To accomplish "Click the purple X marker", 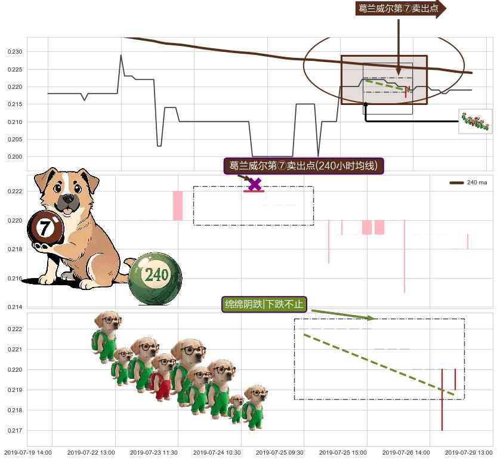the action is (x=255, y=184).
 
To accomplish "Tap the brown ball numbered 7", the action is (x=45, y=228).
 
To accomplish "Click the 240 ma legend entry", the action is (x=468, y=183).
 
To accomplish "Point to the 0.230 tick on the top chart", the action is (x=15, y=52).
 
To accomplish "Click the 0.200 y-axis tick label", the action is (x=15, y=156).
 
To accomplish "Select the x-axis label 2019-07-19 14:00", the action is (x=28, y=453).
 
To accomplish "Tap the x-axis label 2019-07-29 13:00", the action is (x=469, y=453).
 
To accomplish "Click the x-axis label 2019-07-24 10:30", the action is (x=217, y=453).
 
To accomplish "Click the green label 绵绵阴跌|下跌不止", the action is (x=264, y=304).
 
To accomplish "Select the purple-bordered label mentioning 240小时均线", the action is (x=304, y=166).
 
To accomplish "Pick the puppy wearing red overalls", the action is (x=162, y=376).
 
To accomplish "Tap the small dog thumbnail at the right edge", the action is (x=475, y=122).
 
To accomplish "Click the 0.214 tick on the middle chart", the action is (x=15, y=307).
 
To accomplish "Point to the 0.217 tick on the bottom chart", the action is (x=15, y=431).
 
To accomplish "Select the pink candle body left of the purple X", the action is (x=178, y=205).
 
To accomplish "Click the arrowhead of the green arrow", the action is (x=372, y=318).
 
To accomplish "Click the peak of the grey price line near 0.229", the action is (x=121, y=55).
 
